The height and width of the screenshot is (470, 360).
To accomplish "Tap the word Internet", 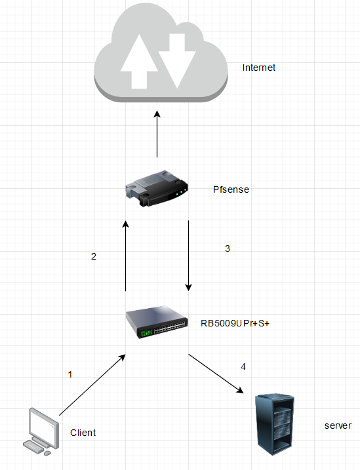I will coord(259,68).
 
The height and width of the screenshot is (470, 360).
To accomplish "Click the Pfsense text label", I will coord(231,189).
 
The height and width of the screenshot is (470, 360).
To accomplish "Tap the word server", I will coord(338,425).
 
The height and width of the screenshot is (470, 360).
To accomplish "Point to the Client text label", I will coord(83,433).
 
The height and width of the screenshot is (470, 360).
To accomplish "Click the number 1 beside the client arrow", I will coord(70,374).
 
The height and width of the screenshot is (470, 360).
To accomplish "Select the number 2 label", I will coord(94,257).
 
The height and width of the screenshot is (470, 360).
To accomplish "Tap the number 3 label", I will coord(228,248).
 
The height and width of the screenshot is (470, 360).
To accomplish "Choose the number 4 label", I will coord(243,366).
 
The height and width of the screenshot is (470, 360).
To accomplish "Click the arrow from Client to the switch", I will coord(92,385).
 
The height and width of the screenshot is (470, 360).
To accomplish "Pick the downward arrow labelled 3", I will coord(189,256).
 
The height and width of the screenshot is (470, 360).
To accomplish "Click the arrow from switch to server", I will coord(216,374).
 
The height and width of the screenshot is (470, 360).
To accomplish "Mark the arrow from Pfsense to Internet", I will coord(157,134).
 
